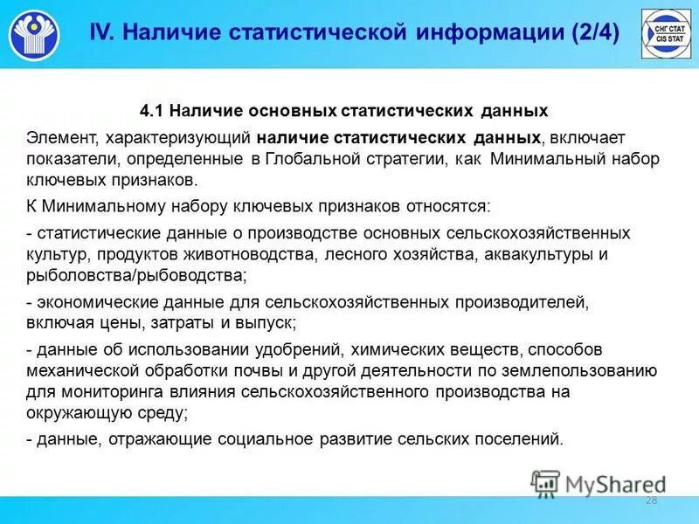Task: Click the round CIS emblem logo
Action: pos(35,35)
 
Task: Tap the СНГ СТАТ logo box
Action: pos(667,34)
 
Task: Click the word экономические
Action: pos(89,302)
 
